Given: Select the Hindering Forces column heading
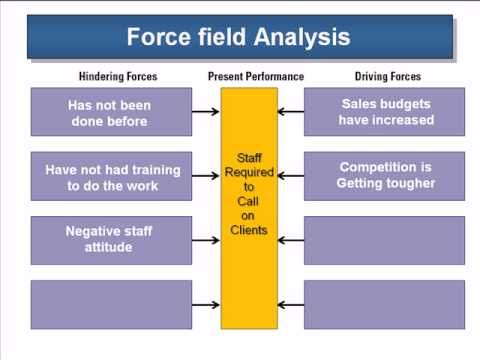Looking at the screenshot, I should pyautogui.click(x=118, y=77).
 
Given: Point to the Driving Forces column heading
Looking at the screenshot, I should pyautogui.click(x=388, y=77).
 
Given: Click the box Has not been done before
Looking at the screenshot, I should pyautogui.click(x=111, y=112).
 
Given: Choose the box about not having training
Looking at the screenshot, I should pyautogui.click(x=111, y=177).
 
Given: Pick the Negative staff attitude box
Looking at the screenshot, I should pyautogui.click(x=111, y=240).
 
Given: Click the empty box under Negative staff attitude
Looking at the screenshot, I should pyautogui.click(x=111, y=304).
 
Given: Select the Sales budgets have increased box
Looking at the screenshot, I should pyautogui.click(x=384, y=112).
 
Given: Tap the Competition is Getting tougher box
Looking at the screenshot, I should pyautogui.click(x=384, y=176).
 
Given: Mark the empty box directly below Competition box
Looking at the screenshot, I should pyautogui.click(x=384, y=240).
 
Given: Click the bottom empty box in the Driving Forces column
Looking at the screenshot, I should pyautogui.click(x=384, y=304).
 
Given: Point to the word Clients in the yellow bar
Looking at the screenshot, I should pyautogui.click(x=248, y=230).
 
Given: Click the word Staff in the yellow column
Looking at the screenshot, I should pyautogui.click(x=248, y=158).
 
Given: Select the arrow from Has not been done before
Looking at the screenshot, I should pyautogui.click(x=206, y=112).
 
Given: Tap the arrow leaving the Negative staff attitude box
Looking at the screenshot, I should pyautogui.click(x=206, y=240).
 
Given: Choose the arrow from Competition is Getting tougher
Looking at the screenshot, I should pyautogui.click(x=290, y=176).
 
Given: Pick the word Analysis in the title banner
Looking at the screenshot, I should pyautogui.click(x=301, y=38).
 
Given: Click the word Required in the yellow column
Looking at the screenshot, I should pyautogui.click(x=248, y=172).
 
